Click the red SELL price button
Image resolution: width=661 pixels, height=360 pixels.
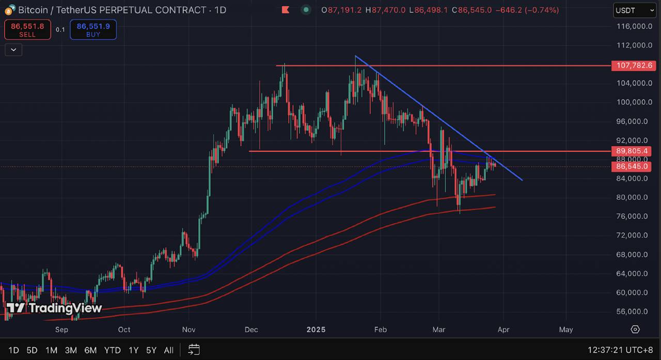click(x=27, y=30)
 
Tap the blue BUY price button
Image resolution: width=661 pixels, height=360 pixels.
click(x=93, y=30)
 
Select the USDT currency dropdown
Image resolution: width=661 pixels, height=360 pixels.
click(x=634, y=10)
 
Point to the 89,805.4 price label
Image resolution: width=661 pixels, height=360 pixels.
click(x=631, y=151)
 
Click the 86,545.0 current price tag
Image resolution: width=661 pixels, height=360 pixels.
click(x=631, y=166)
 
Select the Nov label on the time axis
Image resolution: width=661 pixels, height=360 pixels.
click(x=188, y=330)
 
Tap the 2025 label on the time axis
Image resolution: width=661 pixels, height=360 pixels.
click(x=316, y=330)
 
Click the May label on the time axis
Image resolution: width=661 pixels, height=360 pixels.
click(x=566, y=330)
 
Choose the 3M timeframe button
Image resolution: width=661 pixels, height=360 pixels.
click(x=71, y=350)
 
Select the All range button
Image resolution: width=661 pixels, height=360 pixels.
click(x=168, y=350)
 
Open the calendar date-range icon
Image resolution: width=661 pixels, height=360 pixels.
click(x=194, y=350)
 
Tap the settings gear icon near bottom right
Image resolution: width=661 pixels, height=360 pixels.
click(x=635, y=330)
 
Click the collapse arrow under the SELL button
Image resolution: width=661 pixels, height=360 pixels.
click(x=13, y=50)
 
